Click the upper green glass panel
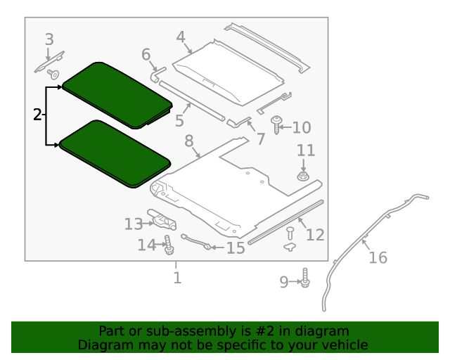[116, 94]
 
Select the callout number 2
[38, 115]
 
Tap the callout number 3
[49, 39]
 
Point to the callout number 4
[181, 37]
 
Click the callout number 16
[378, 257]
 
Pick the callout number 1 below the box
[177, 278]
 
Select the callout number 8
[189, 141]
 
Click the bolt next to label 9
[305, 280]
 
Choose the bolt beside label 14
[169, 246]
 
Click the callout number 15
[235, 247]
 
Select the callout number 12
[315, 233]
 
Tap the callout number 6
[146, 54]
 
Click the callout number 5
[180, 120]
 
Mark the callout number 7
[260, 139]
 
